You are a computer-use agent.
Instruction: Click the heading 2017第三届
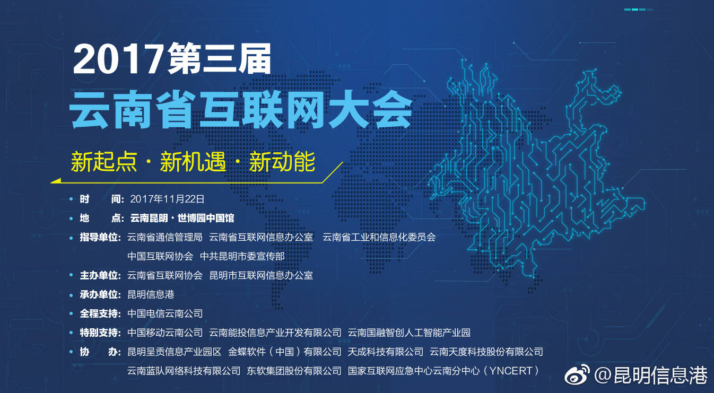pos(172,58)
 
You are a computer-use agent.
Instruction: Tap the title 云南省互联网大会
pos(241,109)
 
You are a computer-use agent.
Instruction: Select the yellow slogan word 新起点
pos(104,162)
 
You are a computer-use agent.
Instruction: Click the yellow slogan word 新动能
pos(282,162)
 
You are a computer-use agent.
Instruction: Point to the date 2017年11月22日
pos(167,199)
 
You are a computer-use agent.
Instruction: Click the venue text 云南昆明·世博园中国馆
pos(182,218)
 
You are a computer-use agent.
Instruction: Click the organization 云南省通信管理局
pos(165,237)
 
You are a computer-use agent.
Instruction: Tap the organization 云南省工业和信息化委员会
pos(379,237)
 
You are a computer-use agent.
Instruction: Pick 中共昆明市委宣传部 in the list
pos(242,256)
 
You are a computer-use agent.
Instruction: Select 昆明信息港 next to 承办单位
pos(151,294)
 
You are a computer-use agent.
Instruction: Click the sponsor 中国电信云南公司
pos(165,313)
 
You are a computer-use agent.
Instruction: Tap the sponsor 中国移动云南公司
pos(165,333)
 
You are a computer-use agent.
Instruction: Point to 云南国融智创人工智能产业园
pos(409,333)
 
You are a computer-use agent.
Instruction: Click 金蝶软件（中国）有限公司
pos(285,352)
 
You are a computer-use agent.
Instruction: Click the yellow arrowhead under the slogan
pos(56,181)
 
